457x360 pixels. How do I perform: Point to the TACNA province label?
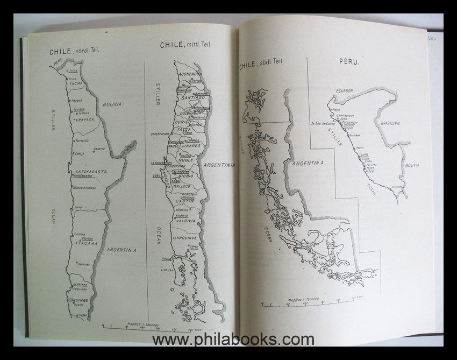76,83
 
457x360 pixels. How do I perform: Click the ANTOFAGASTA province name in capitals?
89,172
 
